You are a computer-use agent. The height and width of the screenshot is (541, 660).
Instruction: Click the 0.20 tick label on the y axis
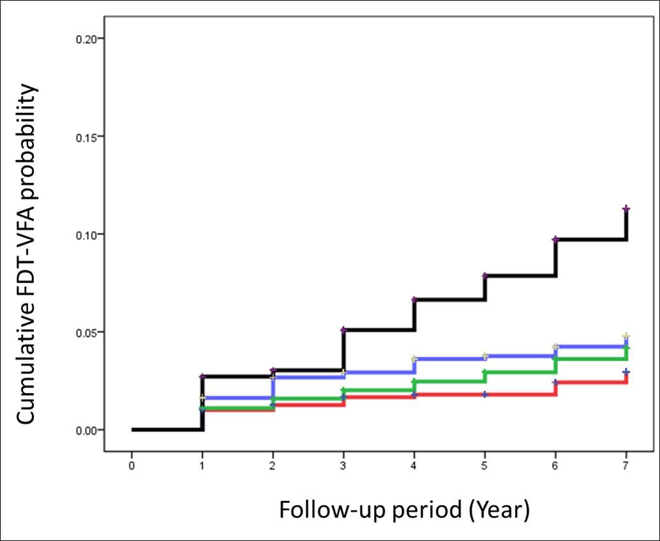[86, 39]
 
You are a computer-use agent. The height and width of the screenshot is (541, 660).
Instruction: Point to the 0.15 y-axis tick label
[86, 137]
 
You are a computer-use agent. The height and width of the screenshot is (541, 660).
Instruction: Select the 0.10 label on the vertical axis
[86, 234]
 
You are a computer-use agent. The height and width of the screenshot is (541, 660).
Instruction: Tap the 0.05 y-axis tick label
[86, 332]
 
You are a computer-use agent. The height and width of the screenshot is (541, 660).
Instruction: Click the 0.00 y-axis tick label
[86, 430]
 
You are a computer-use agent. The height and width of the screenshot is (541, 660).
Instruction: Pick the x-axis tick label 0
[132, 466]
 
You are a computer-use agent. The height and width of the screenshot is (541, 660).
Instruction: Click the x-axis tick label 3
[343, 466]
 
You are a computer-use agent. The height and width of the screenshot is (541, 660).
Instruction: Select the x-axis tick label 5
[484, 466]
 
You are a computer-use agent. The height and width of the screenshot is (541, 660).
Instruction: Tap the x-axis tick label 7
[626, 466]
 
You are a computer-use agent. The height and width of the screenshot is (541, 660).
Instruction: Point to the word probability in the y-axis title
[26, 137]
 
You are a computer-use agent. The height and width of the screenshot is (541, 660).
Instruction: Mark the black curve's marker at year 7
[626, 209]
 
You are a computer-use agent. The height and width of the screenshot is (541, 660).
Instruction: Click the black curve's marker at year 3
[343, 330]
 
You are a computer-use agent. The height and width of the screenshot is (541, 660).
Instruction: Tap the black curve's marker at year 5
[485, 276]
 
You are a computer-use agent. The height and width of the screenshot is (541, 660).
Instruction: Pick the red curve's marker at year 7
[626, 372]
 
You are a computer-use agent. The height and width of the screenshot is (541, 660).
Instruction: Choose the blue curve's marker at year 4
[414, 359]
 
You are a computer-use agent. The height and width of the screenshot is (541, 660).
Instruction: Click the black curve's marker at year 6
[555, 239]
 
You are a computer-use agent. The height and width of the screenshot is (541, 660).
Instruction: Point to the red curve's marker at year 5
[485, 394]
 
